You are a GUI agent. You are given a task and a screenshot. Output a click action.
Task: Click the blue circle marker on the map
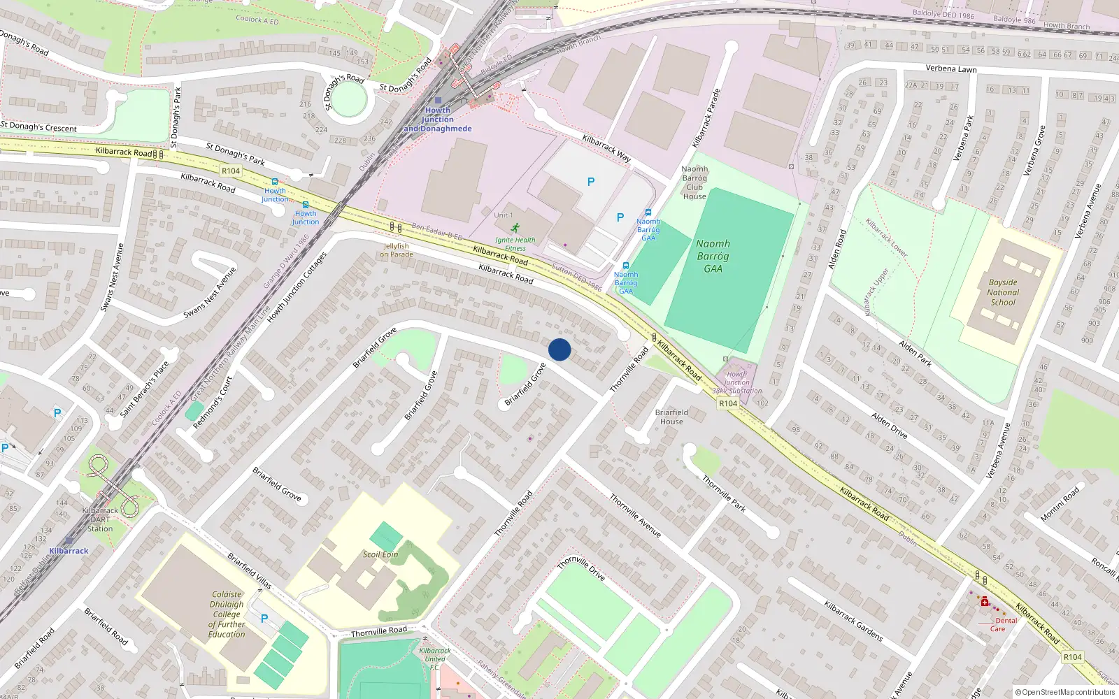(x=559, y=349)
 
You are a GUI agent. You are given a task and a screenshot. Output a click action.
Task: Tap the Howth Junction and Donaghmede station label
(x=438, y=120)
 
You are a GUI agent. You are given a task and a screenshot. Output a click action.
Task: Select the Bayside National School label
(x=1003, y=293)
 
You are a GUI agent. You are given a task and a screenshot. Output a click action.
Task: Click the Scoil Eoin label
(x=380, y=554)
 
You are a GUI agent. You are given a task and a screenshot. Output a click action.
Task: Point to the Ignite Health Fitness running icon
(x=515, y=228)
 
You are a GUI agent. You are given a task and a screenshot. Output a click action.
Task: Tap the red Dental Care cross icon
(x=985, y=602)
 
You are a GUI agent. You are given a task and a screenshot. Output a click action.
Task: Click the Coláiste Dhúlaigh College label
(x=227, y=614)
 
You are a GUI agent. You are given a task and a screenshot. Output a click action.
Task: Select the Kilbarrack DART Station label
(x=100, y=519)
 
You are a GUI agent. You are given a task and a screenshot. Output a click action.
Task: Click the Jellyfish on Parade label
(x=396, y=250)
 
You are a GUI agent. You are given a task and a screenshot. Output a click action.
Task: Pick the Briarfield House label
(x=671, y=417)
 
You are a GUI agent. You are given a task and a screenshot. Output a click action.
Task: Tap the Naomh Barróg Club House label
(x=694, y=182)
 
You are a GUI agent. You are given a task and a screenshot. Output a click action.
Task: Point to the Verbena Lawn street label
(x=951, y=69)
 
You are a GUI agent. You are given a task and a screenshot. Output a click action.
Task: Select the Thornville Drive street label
(x=581, y=568)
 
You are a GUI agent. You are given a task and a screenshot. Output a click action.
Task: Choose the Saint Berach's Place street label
(x=144, y=389)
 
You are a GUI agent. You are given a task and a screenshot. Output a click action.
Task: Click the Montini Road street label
(x=1060, y=503)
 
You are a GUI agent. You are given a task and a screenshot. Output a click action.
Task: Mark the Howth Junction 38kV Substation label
(x=737, y=382)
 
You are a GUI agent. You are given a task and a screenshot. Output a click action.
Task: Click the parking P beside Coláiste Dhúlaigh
(x=264, y=619)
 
